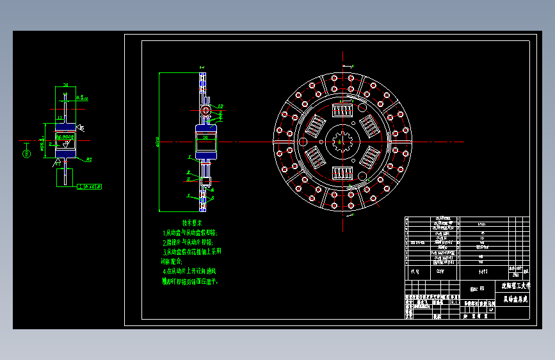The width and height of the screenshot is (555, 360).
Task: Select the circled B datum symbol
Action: coord(26,152)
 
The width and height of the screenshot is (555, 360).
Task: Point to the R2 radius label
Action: coord(90,159)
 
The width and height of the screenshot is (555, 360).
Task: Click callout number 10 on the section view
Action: coord(220,106)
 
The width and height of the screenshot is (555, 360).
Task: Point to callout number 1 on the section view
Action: coord(202,66)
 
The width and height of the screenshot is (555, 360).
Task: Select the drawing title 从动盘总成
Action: coord(515,299)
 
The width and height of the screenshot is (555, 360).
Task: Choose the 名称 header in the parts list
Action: coord(440,272)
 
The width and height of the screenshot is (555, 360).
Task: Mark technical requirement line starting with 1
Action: coord(190,233)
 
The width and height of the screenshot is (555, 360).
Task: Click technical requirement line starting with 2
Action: coord(188,243)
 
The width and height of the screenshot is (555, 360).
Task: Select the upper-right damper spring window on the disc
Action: coord(371,126)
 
